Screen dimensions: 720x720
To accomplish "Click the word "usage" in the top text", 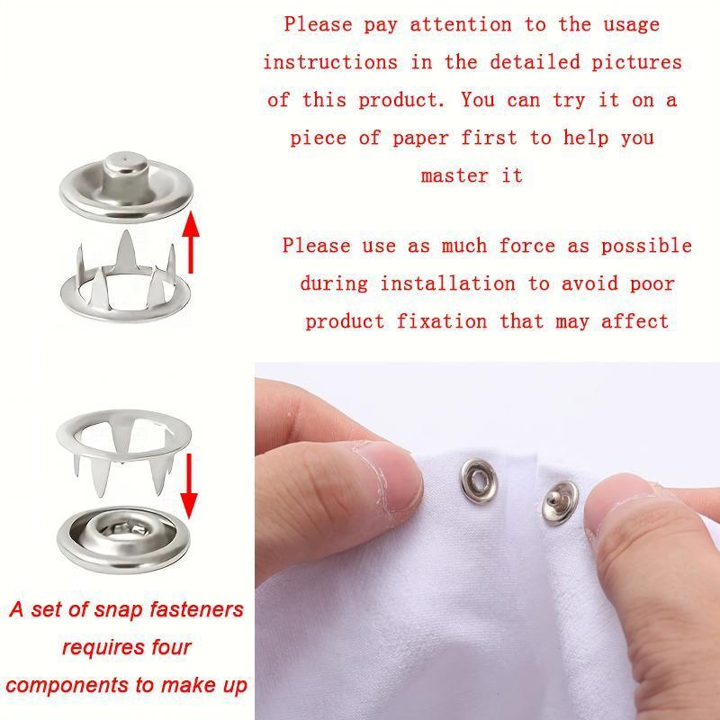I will coord(625,24).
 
